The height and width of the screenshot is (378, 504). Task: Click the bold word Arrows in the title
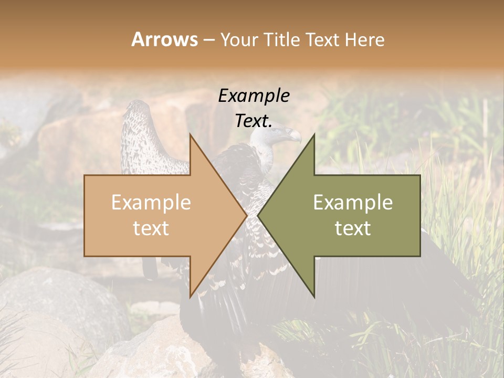click(x=164, y=39)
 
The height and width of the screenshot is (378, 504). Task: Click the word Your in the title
click(x=239, y=39)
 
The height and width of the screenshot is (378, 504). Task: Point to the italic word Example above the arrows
click(x=254, y=96)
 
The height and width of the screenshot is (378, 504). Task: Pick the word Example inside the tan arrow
click(x=151, y=203)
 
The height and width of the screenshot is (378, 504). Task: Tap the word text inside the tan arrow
click(x=151, y=228)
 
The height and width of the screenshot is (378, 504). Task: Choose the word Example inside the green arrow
click(x=353, y=203)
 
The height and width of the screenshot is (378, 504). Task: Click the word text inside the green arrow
click(x=353, y=228)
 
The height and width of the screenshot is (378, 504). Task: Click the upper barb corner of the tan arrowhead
click(x=190, y=134)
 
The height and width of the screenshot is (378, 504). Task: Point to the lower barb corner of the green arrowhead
click(x=314, y=297)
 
